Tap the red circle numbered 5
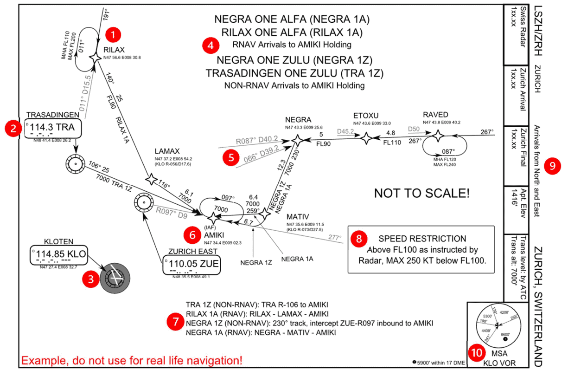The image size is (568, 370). pos(231,157)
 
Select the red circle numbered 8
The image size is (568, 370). pos(359,239)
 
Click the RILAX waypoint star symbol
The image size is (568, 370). pos(96,57)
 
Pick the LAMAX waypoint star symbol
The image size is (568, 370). pos(151,179)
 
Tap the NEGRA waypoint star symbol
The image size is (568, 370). pos(297,139)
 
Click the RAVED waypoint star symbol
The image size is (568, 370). pos(437,136)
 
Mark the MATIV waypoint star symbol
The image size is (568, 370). pos(264,214)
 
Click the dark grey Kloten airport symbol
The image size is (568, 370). pos(114,277)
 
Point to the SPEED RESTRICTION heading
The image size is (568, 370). pos(422,239)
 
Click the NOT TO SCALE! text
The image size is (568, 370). pos(421,193)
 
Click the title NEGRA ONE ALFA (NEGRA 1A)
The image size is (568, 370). pos(291,19)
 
